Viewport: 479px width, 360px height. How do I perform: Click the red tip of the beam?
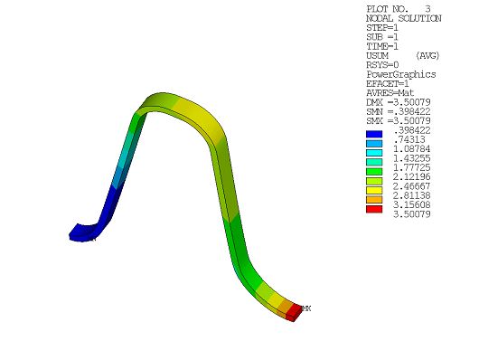click(x=293, y=312)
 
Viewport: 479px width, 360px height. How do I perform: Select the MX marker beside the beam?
click(x=306, y=309)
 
